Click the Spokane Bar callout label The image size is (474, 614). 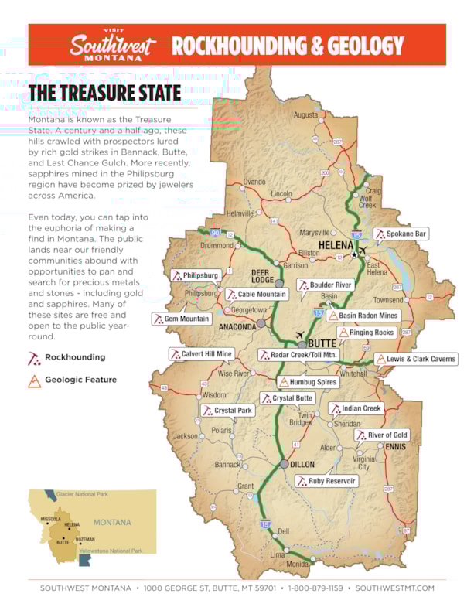[401, 234]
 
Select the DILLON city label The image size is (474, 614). [303, 464]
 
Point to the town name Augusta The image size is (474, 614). [305, 115]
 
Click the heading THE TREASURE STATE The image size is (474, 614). [104, 94]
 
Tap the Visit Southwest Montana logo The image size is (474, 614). [112, 46]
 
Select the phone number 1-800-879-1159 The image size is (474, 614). [317, 588]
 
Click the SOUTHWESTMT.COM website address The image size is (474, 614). [394, 588]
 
